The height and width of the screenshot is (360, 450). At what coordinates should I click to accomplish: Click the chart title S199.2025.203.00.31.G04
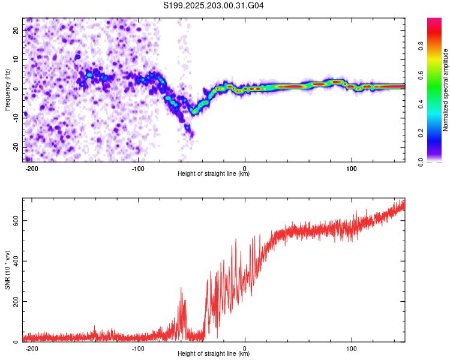213,5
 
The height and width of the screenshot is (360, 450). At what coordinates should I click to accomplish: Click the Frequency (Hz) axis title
7,90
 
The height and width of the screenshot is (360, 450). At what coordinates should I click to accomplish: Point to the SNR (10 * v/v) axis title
7,270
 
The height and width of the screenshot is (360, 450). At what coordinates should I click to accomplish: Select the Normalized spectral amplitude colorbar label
445,90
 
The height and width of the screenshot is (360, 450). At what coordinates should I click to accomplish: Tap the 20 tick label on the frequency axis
16,31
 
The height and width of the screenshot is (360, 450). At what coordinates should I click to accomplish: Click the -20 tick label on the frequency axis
16,147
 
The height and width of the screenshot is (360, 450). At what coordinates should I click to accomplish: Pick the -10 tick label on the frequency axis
16,118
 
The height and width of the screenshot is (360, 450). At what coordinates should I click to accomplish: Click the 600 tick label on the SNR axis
16,220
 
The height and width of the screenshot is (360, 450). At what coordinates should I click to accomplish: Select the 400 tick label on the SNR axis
16,261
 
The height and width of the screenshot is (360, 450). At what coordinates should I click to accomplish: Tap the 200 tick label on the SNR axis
16,301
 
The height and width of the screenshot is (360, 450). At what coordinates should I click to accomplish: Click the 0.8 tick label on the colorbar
421,46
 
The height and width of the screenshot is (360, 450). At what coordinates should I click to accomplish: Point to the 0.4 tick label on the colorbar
421,104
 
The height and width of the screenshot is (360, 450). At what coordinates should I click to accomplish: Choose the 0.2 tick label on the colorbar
421,133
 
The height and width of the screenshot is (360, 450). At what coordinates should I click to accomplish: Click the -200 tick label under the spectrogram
32,169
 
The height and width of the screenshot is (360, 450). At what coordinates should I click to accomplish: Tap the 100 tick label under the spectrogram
351,169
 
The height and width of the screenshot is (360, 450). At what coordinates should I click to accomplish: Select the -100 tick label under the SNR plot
138,349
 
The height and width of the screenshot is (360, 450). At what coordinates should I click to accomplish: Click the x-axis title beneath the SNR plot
214,353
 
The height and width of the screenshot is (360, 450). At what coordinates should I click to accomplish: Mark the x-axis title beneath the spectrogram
214,173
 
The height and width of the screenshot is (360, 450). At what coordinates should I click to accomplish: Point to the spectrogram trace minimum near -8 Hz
194,112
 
